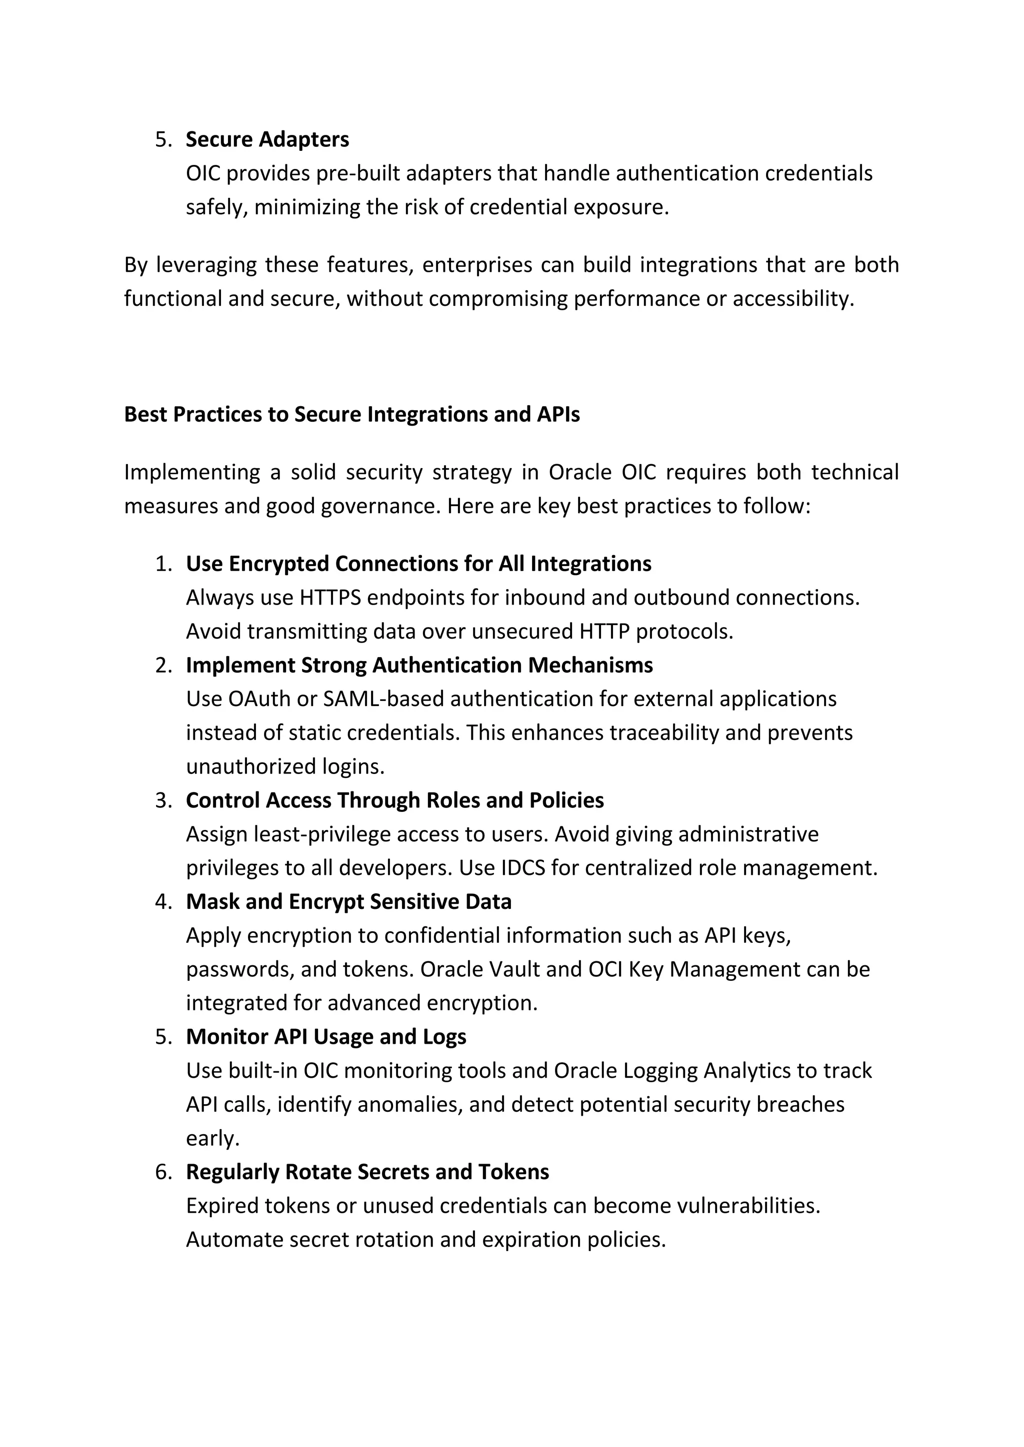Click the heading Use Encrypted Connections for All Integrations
pyautogui.click(x=418, y=564)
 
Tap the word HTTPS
pyautogui.click(x=330, y=598)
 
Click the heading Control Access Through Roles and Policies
pyautogui.click(x=394, y=800)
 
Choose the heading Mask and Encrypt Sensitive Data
pyautogui.click(x=348, y=902)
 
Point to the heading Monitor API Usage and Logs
pyautogui.click(x=325, y=1037)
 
